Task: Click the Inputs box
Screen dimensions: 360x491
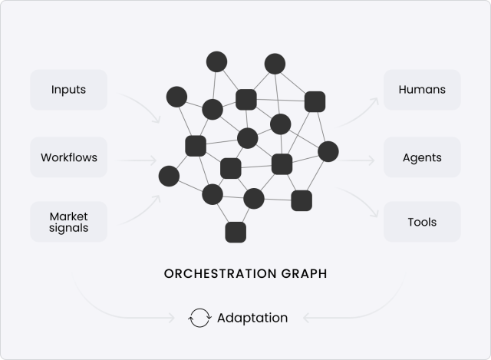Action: (x=69, y=90)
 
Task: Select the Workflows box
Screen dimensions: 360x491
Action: (x=69, y=157)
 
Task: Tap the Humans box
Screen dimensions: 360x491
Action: (x=422, y=90)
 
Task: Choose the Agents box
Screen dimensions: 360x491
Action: (x=422, y=157)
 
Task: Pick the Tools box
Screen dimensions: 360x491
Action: (x=422, y=222)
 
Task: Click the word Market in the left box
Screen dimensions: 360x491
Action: (x=69, y=216)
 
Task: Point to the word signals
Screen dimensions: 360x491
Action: (x=69, y=228)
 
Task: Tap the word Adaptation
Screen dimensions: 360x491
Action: (x=252, y=317)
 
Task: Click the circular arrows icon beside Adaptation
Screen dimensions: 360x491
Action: (x=199, y=318)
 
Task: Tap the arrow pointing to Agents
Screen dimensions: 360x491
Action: (x=358, y=161)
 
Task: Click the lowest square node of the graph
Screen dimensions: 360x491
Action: (x=236, y=232)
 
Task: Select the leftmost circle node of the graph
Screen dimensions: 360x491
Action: (x=169, y=176)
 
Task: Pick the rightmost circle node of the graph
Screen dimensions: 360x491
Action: (x=328, y=152)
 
